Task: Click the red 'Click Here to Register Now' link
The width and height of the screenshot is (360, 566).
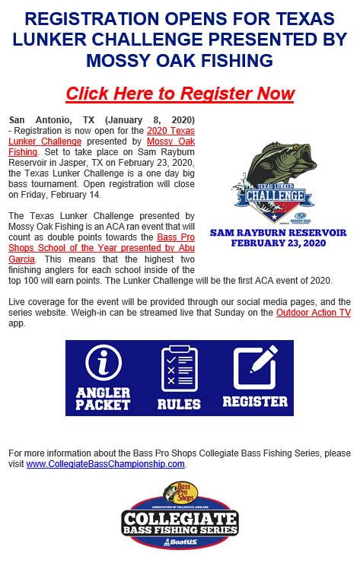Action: click(x=180, y=94)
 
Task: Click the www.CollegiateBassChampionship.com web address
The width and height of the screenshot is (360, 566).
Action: click(x=106, y=463)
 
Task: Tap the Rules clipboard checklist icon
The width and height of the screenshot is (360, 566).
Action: click(x=179, y=368)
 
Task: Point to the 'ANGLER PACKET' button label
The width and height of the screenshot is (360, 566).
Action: click(x=104, y=399)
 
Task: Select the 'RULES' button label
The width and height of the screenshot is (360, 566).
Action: click(x=179, y=404)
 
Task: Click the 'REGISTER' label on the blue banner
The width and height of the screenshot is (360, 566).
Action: click(x=255, y=401)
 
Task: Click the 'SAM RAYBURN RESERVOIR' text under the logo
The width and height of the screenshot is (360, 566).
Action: click(x=278, y=232)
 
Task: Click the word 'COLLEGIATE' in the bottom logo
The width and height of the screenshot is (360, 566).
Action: click(x=181, y=521)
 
